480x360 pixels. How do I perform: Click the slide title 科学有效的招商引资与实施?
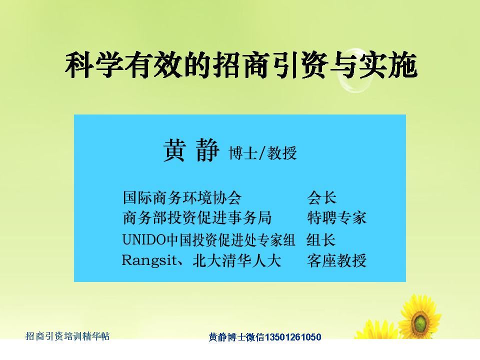(x=241, y=65)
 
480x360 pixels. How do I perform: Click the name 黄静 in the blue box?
(x=191, y=150)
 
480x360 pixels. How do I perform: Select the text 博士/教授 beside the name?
(x=262, y=153)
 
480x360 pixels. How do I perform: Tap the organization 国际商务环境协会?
(x=182, y=197)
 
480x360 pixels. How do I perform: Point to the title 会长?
(x=321, y=197)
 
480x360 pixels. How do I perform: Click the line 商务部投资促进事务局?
(x=197, y=218)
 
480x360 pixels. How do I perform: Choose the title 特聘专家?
(x=336, y=218)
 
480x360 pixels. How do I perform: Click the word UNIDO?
(x=144, y=239)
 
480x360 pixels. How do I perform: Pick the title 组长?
(x=321, y=239)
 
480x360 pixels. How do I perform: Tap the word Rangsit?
(x=149, y=261)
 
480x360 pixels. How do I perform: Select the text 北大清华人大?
(x=236, y=261)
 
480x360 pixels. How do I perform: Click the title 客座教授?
(x=336, y=261)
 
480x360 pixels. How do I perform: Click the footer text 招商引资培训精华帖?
(x=67, y=336)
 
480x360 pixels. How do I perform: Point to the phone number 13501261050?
(x=292, y=337)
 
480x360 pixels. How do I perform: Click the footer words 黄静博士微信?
(x=236, y=337)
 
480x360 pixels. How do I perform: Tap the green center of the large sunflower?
(x=420, y=321)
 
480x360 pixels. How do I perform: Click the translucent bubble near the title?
(x=355, y=70)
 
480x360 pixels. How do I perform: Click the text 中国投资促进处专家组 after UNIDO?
(x=230, y=239)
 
